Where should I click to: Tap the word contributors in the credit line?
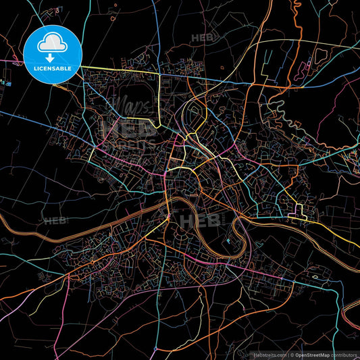tap(342, 354)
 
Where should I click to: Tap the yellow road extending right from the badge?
tap(122, 70)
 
